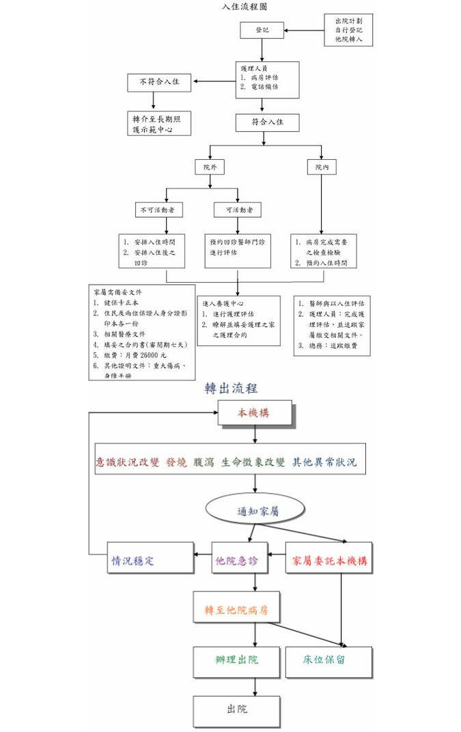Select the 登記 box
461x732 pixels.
point(262,30)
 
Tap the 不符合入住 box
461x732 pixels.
point(159,83)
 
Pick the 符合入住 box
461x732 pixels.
point(267,122)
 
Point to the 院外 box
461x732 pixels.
point(210,166)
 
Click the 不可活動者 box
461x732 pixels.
point(157,210)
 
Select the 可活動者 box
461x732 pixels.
point(237,210)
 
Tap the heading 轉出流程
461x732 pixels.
point(231,389)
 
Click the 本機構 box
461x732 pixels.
point(254,413)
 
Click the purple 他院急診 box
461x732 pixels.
point(237,561)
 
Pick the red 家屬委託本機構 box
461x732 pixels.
point(329,561)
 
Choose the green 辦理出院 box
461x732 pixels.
point(236,660)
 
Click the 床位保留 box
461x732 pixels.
point(329,660)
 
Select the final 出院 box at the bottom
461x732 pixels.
point(236,710)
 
